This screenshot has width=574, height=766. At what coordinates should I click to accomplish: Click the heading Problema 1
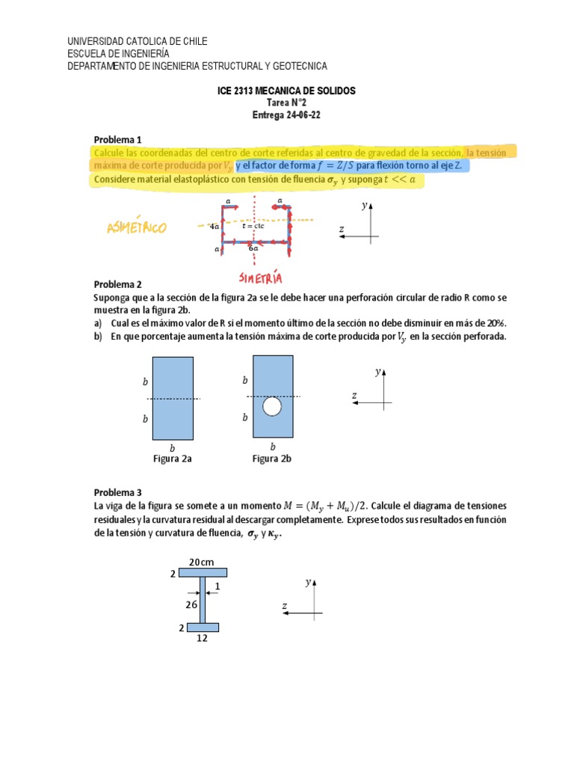tap(117, 140)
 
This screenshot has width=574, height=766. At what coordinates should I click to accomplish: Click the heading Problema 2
tap(117, 284)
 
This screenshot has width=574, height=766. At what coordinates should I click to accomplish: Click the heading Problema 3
tap(117, 492)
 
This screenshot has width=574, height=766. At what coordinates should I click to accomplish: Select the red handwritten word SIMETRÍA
tap(261, 278)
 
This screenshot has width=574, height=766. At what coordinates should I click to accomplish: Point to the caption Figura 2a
tap(173, 459)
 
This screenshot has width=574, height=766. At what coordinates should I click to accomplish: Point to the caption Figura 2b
tap(271, 459)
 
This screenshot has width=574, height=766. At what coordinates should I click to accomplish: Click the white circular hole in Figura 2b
tap(272, 406)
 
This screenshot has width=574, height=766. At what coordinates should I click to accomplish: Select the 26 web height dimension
tap(191, 604)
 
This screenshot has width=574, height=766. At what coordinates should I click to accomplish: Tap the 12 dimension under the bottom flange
tap(202, 638)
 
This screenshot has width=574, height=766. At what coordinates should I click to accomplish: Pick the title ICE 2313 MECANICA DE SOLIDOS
tap(286, 91)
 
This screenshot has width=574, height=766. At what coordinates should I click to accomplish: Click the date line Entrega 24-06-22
tap(286, 115)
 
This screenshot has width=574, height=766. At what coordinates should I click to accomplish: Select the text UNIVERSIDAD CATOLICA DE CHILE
tap(138, 41)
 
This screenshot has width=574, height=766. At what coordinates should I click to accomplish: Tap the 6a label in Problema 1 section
tap(253, 248)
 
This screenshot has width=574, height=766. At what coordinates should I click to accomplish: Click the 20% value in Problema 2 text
tap(496, 322)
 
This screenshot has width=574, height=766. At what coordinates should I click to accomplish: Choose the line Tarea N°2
tap(286, 103)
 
